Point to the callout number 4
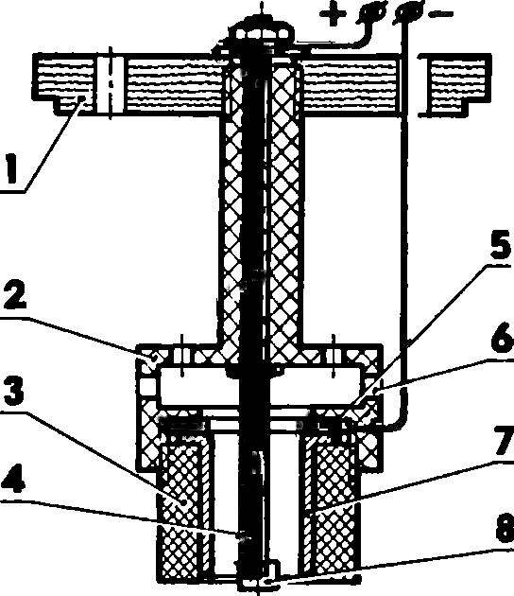click(13, 482)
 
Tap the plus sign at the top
click(333, 14)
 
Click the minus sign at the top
click(440, 14)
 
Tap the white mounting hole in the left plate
click(111, 84)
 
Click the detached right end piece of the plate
click(454, 85)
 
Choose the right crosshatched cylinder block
click(331, 503)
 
